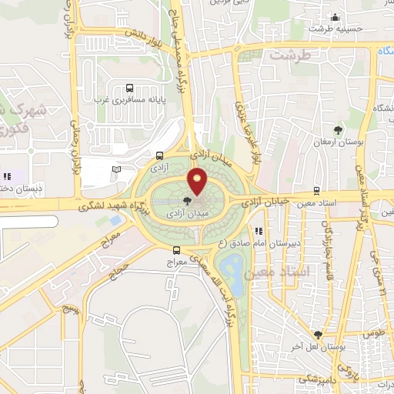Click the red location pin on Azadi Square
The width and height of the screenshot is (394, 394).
tap(198, 181)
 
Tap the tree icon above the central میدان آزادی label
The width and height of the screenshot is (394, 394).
tap(189, 201)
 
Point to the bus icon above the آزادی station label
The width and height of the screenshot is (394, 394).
tap(159, 154)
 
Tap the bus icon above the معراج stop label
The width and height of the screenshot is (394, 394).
tap(176, 250)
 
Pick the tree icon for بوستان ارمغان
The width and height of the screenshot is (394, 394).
tap(339, 129)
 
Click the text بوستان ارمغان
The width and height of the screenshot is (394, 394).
tap(338, 142)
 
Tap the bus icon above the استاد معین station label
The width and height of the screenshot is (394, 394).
tap(316, 191)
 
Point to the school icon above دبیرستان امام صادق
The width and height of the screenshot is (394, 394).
tap(259, 230)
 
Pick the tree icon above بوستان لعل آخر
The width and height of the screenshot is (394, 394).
tap(318, 335)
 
